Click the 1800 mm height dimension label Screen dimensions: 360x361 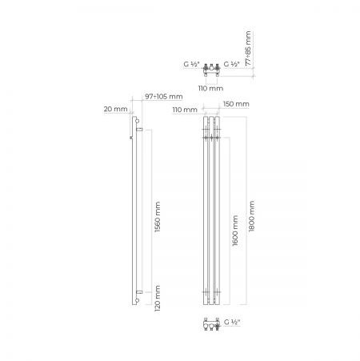pos(251,216)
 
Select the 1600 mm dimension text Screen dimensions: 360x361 pos(235,231)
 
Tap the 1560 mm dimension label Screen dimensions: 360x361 pos(158,217)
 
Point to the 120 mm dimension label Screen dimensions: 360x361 pos(158,299)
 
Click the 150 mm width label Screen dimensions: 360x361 pos(236,104)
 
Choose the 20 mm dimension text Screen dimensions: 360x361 pos(116,109)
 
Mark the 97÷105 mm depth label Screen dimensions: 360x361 pos(164,97)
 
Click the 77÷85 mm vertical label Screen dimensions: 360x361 pos(248,49)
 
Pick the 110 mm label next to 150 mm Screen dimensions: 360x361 pos(185,110)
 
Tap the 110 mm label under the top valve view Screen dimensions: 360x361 pos(210,88)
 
